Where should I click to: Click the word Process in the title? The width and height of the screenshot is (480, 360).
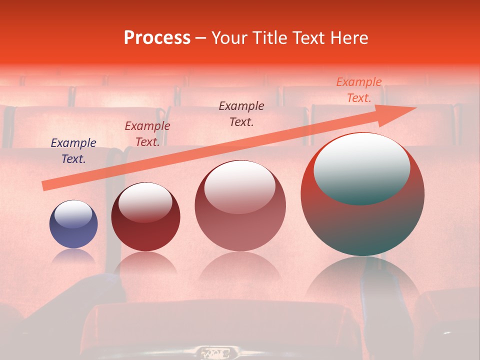click(x=157, y=38)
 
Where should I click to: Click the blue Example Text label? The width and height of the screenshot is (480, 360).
click(x=73, y=151)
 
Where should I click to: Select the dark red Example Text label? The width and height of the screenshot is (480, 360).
click(x=147, y=133)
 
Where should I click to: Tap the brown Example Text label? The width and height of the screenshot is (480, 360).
click(x=241, y=113)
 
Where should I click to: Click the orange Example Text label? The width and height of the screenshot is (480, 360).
click(x=359, y=90)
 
